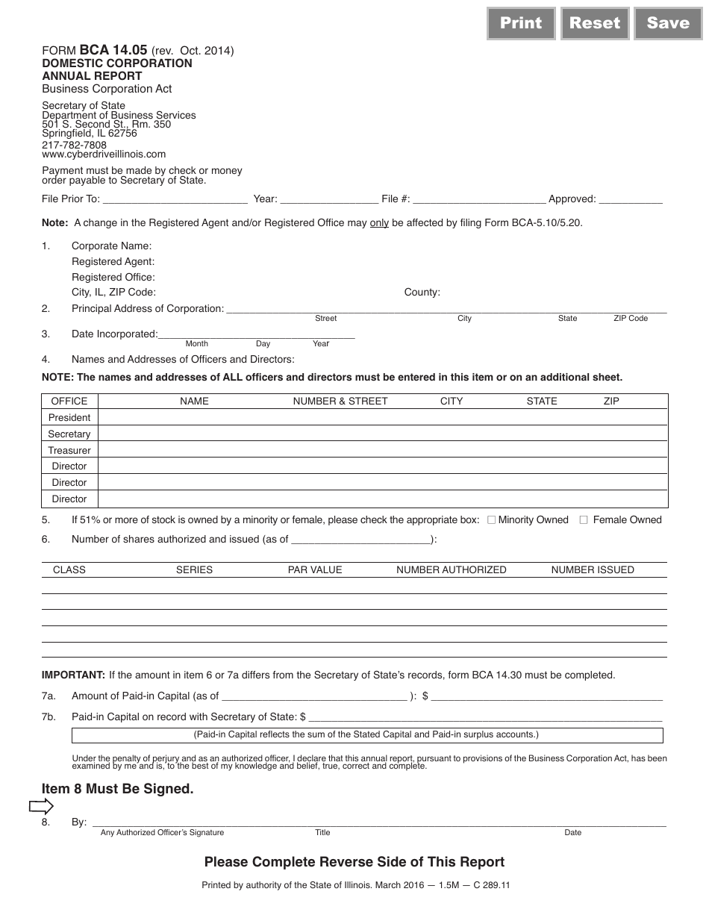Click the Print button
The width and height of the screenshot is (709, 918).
pos(521,23)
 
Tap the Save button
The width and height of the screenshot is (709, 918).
pos(668,23)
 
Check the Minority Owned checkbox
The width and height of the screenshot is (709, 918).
pos(491,520)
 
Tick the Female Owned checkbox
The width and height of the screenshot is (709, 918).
pos(584,520)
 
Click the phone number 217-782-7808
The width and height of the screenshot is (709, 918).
pos(74,145)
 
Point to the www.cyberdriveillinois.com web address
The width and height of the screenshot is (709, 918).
pos(104,154)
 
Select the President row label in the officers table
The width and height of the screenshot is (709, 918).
pos(69,418)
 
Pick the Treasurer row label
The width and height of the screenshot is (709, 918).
pos(69,451)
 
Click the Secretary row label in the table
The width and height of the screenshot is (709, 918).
pos(69,434)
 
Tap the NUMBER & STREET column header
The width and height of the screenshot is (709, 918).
pos(340,402)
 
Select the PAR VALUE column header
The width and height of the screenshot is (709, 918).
pos(315,570)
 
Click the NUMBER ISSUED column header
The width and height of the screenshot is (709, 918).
pos(593,570)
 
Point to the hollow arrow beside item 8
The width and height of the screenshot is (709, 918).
pos(41,806)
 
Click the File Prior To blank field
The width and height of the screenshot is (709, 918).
pos(175,199)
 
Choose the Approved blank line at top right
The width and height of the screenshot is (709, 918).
pos(631,199)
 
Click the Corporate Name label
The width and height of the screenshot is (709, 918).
pos(111,246)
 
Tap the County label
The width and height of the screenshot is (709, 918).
pos(422,293)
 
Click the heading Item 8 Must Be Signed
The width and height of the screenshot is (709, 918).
pos(117,789)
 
